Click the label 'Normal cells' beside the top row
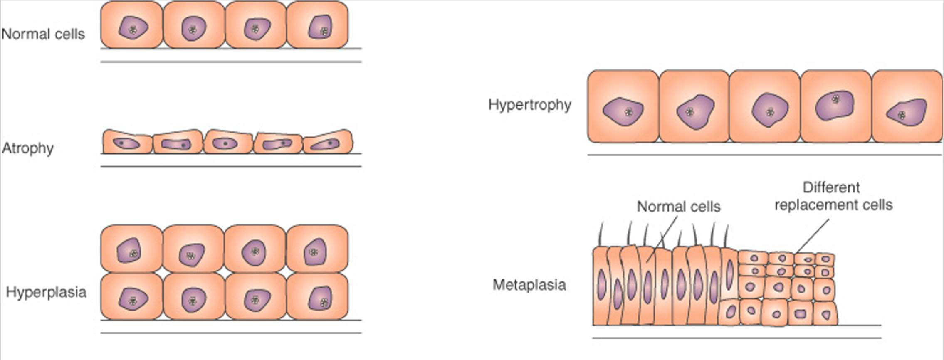43,34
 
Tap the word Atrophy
28,148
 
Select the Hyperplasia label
46,292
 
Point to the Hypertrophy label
530,105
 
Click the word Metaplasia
529,285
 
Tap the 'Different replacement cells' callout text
833,196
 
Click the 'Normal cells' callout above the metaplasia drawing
678,207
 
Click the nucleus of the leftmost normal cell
133,28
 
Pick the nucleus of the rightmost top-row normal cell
320,27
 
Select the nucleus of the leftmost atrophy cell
126,143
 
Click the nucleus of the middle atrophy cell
225,144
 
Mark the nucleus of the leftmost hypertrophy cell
623,111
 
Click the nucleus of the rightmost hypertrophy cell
907,112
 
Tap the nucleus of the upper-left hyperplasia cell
129,251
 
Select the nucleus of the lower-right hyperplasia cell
320,298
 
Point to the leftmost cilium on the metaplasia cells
600,235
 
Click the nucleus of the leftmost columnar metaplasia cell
601,285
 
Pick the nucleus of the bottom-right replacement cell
826,315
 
